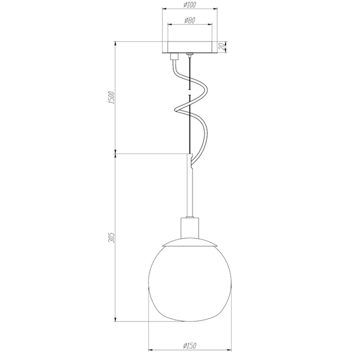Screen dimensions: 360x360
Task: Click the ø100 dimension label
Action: point(190,4)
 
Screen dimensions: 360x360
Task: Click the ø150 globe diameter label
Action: point(190,344)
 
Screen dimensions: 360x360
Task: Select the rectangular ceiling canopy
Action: point(190,47)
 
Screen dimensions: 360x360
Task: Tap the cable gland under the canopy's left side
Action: point(175,58)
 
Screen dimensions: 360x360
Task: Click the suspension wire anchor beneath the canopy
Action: point(191,56)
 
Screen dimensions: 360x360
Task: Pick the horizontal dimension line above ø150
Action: point(190,350)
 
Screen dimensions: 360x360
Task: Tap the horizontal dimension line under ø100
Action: point(190,10)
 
